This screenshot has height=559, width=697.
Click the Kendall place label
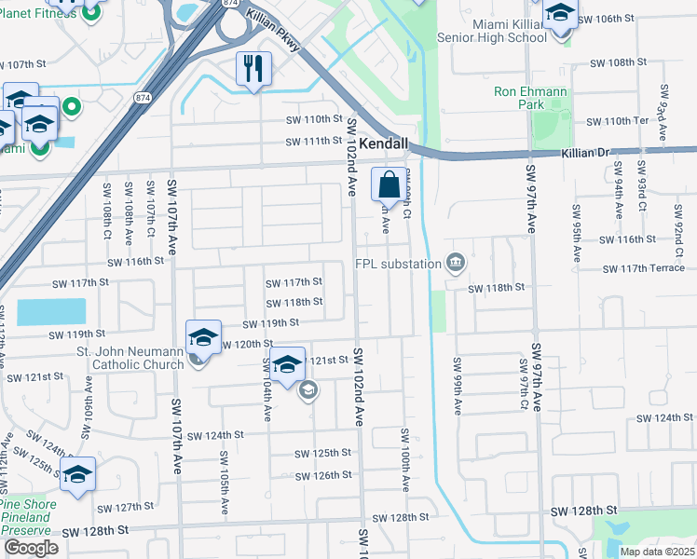tap(385, 145)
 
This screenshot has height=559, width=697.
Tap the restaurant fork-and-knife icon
tap(253, 69)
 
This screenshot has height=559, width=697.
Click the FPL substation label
tap(398, 264)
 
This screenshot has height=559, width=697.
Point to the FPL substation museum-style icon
tap(456, 262)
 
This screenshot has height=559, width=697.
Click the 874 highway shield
tap(231, 5)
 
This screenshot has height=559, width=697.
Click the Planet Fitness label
tap(37, 12)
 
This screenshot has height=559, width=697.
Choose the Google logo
tap(31, 548)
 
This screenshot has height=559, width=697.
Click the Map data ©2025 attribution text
tap(656, 552)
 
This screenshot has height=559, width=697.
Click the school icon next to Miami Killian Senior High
tap(560, 16)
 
